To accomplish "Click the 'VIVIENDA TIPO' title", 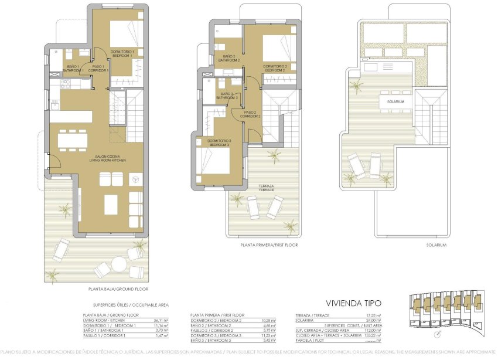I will (353, 303).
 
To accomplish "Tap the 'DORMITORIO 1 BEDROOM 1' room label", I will (122, 53).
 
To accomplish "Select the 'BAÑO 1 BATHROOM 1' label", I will (74, 68).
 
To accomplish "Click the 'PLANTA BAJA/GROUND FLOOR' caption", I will (118, 289).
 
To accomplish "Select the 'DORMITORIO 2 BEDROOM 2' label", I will (275, 68).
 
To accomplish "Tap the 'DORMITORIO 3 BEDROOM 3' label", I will (219, 142).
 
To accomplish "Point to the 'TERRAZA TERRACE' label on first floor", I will (267, 189).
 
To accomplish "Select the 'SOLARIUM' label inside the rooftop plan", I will (396, 101).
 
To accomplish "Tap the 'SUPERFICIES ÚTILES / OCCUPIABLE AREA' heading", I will (131, 305).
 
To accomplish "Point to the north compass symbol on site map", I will (439, 335).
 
